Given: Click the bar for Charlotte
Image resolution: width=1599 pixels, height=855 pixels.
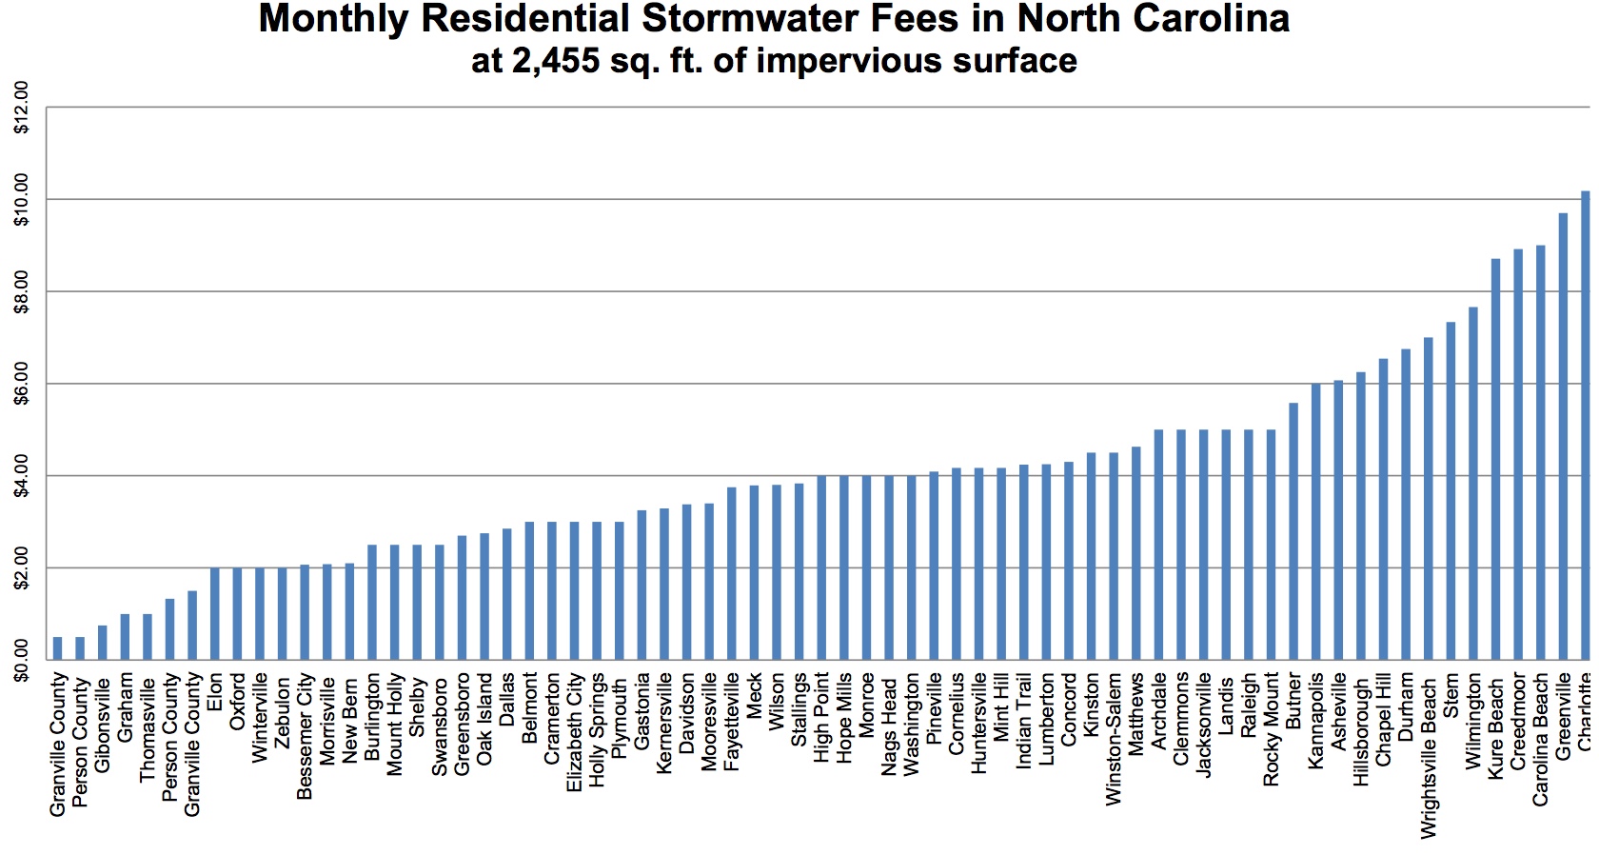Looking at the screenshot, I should (x=1586, y=425).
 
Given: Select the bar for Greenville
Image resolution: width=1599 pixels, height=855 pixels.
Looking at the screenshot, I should (x=1563, y=436).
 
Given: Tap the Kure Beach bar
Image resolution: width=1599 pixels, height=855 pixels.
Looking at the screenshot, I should (x=1496, y=459).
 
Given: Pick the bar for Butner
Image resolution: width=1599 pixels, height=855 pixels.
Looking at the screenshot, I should (x=1293, y=531).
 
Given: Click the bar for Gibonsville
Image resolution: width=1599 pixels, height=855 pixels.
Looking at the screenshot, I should (x=102, y=643).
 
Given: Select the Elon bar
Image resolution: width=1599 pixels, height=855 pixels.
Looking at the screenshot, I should (x=214, y=614).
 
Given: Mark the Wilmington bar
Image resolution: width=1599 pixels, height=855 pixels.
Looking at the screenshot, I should (x=1473, y=484).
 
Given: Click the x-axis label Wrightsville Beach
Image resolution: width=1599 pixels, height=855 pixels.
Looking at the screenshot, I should (x=1429, y=757).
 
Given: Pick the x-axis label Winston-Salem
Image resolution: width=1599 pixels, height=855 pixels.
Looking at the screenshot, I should (x=1115, y=740).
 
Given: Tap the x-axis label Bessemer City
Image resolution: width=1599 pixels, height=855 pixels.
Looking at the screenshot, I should (x=305, y=736).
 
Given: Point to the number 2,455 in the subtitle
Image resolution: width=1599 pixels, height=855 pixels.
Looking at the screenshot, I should (x=556, y=61).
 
